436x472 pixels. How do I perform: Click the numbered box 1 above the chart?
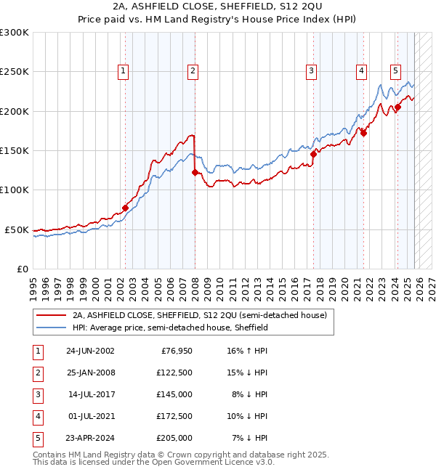[124, 71]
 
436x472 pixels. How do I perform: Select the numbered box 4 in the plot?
[361, 71]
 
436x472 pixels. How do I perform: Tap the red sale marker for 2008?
[195, 172]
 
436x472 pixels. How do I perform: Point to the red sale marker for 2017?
[314, 154]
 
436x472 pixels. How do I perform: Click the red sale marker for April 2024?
[397, 107]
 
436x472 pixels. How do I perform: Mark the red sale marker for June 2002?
[125, 208]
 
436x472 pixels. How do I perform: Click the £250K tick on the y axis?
[15, 72]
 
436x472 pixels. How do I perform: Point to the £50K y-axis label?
[17, 229]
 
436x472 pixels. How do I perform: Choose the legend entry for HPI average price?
[170, 327]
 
